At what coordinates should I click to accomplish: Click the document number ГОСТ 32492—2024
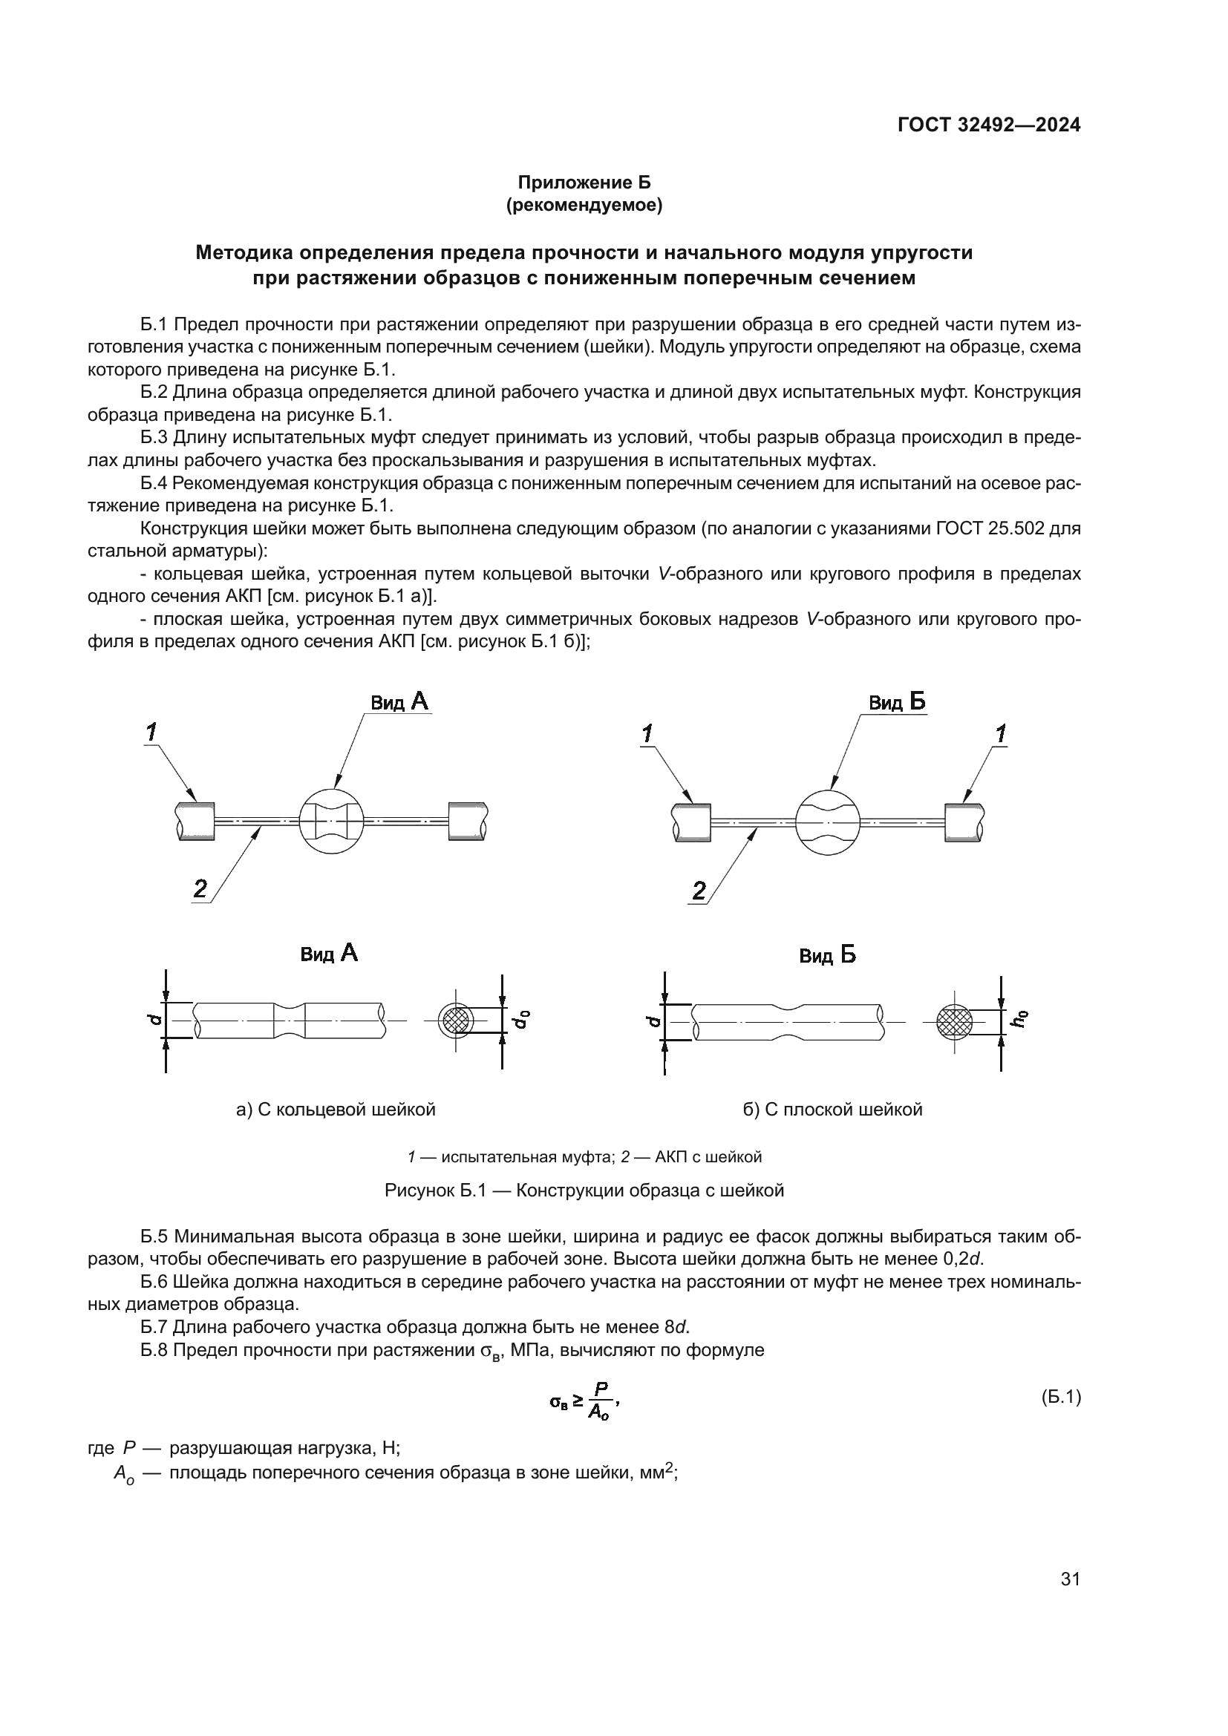[x=988, y=125]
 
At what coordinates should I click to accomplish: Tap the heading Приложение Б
[x=583, y=183]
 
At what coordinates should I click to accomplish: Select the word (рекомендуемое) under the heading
[x=583, y=205]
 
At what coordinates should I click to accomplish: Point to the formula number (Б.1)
[x=1061, y=1398]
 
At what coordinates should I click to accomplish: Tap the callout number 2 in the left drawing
[x=200, y=888]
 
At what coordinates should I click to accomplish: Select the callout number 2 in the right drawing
[x=699, y=890]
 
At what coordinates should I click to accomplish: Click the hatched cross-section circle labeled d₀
[x=457, y=1021]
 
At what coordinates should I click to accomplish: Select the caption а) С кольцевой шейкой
[x=336, y=1110]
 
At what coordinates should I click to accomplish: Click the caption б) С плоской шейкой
[x=832, y=1110]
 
